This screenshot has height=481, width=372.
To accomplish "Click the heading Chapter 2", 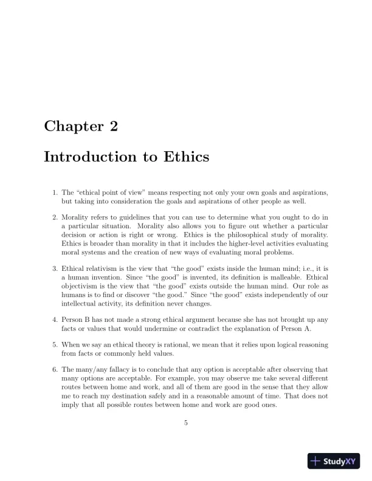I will pos(80,127).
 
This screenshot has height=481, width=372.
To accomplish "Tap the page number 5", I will pos(186,423).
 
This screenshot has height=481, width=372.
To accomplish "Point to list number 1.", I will pos(55,193).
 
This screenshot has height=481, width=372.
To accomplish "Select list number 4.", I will pos(55,319).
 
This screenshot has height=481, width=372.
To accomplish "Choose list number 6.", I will pos(55,369).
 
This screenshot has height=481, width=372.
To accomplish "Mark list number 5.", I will pos(55,344).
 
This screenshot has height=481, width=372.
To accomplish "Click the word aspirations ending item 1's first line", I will pos(310,193).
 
